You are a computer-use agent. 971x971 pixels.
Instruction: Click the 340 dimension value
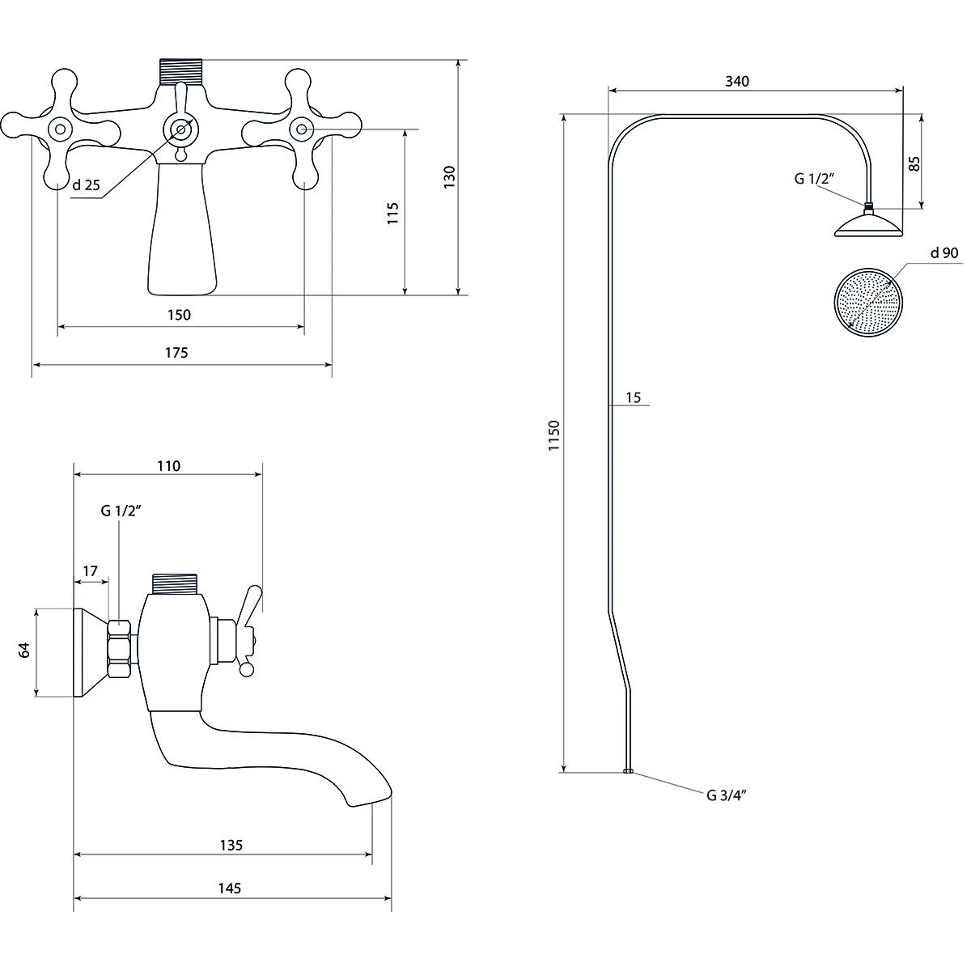[737, 81]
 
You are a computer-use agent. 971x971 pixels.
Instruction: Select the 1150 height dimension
[553, 436]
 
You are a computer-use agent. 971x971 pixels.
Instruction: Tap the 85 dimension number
[914, 163]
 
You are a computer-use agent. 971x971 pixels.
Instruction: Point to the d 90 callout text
[943, 253]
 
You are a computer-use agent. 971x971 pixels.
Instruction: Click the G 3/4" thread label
[725, 795]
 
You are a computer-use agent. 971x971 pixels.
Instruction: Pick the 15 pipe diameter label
[633, 397]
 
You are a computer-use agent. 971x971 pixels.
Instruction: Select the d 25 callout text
[86, 185]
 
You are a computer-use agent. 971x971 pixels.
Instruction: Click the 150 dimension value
[179, 315]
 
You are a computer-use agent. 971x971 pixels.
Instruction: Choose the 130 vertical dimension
[450, 177]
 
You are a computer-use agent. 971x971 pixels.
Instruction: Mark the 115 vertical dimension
[393, 213]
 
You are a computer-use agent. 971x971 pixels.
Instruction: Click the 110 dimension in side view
[168, 465]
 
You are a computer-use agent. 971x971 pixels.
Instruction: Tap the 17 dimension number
[90, 571]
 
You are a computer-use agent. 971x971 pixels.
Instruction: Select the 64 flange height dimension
[24, 650]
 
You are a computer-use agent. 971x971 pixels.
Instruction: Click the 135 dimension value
[231, 846]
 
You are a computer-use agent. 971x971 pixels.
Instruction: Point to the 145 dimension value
[229, 888]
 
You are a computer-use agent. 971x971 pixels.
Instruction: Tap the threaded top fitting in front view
[180, 71]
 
